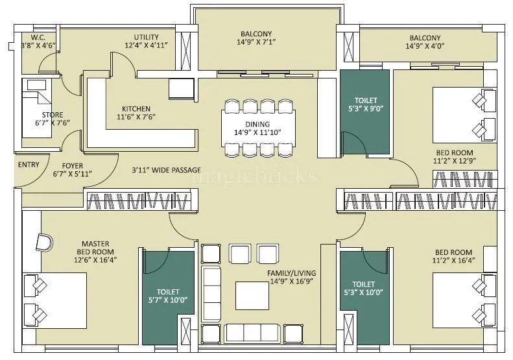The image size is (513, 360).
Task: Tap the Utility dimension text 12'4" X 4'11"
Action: pyautogui.click(x=151, y=45)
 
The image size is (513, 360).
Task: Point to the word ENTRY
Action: pyautogui.click(x=28, y=165)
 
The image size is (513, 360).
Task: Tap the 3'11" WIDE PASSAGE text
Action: pyautogui.click(x=165, y=170)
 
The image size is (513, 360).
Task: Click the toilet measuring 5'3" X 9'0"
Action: pyautogui.click(x=364, y=105)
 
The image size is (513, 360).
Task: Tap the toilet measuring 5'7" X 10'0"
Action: pyautogui.click(x=167, y=296)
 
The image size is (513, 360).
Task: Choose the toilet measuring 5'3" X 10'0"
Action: pyautogui.click(x=363, y=288)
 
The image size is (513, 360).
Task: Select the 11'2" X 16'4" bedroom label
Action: pyautogui.click(x=453, y=256)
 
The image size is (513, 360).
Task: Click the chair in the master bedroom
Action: pyautogui.click(x=45, y=242)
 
